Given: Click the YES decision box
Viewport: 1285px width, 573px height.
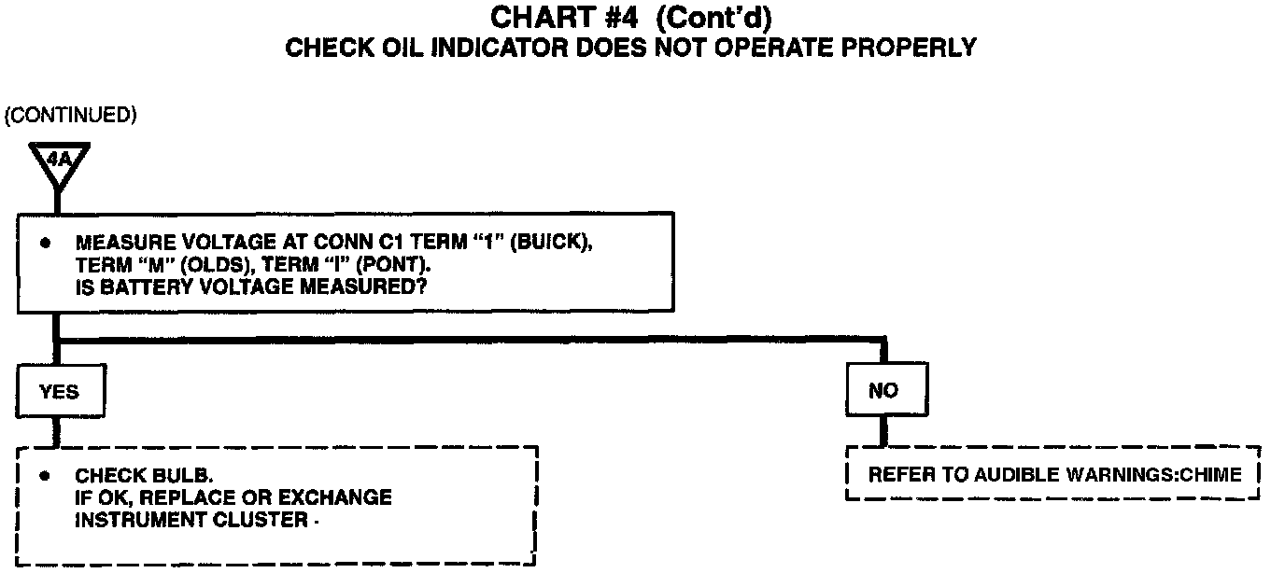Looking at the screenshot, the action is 60,392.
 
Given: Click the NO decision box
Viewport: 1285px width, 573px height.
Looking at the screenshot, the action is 883,391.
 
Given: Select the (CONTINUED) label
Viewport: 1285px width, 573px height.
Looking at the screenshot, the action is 70,115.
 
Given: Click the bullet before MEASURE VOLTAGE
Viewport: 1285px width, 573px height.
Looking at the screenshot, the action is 44,243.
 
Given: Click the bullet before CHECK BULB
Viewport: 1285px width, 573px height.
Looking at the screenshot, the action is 44,475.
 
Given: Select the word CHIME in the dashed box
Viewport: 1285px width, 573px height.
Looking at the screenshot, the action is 1210,475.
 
